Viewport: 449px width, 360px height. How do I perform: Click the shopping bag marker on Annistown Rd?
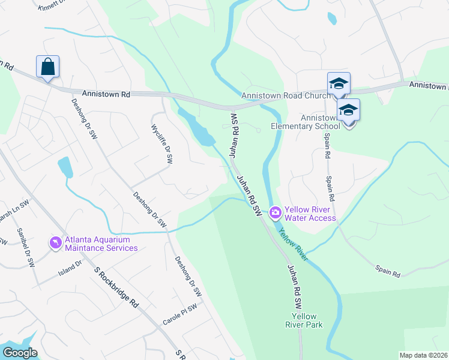47,67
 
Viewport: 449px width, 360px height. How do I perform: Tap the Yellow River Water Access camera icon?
276,212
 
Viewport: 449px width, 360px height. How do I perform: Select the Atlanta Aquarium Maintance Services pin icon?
56,242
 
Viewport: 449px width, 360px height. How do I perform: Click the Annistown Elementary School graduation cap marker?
348,110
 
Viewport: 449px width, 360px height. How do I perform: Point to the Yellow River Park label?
307,320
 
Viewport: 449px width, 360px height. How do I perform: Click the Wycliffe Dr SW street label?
162,144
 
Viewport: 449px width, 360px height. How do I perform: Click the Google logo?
20,353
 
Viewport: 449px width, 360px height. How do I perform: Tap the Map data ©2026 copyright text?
424,355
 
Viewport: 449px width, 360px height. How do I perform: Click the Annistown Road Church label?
285,96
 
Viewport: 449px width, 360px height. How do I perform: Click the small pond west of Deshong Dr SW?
65,168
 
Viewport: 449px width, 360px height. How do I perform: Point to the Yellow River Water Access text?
310,214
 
